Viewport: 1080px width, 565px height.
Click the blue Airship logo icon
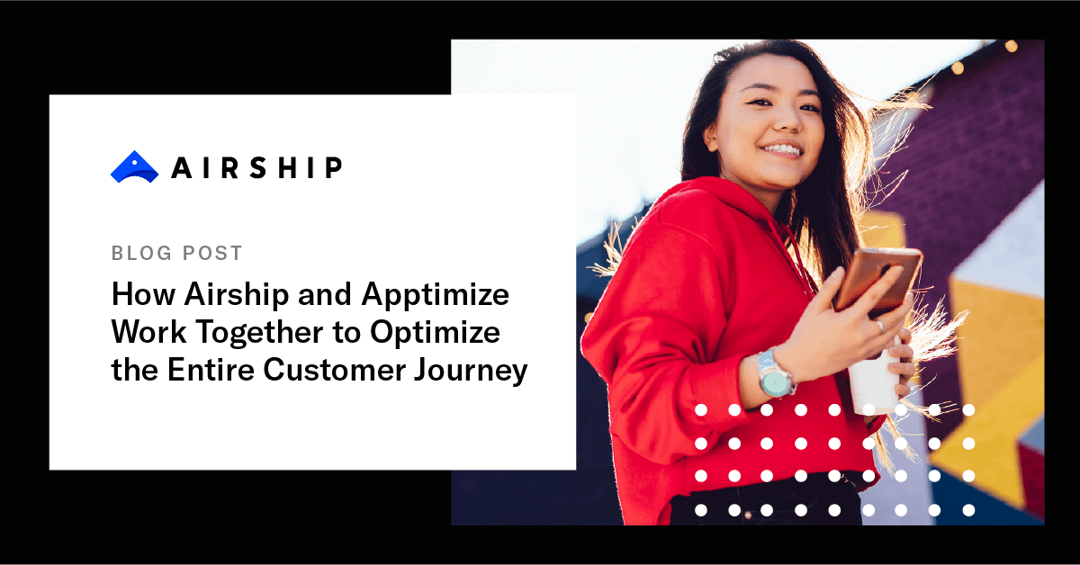(134, 167)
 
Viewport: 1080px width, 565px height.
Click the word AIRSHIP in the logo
(256, 167)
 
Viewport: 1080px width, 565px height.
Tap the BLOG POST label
(177, 254)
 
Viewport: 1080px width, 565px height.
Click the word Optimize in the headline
(435, 333)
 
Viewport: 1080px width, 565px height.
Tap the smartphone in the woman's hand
(877, 279)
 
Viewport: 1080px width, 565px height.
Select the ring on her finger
(880, 326)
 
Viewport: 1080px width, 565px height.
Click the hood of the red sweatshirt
(720, 216)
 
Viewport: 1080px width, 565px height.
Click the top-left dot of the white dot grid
(701, 410)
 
